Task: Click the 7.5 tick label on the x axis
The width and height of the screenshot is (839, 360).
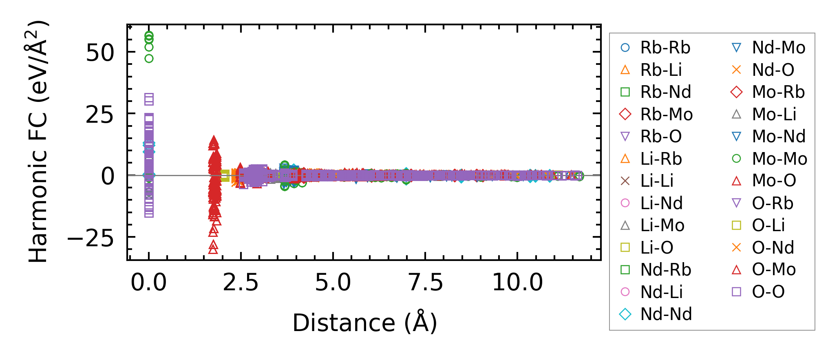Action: pyautogui.click(x=426, y=283)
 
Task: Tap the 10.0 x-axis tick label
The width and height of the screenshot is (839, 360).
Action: pyautogui.click(x=517, y=283)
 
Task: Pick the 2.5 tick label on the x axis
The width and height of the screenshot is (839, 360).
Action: pyautogui.click(x=241, y=283)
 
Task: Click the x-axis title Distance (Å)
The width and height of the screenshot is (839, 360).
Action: pyautogui.click(x=365, y=323)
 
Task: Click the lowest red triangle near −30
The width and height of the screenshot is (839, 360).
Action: pyautogui.click(x=213, y=249)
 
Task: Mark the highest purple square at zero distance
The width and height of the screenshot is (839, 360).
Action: pyautogui.click(x=149, y=98)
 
